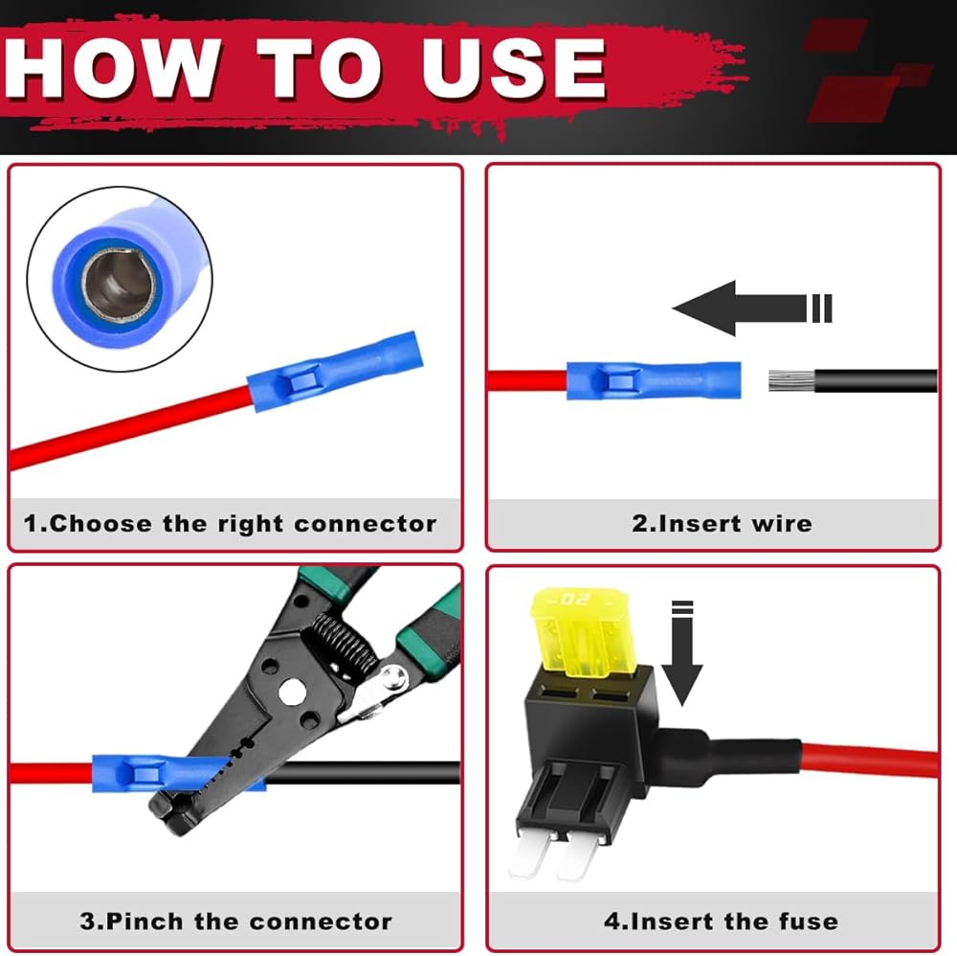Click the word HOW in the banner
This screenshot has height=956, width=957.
pos(113,67)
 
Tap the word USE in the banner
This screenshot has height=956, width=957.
pos(515,67)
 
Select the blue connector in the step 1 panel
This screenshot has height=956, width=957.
pos(335,371)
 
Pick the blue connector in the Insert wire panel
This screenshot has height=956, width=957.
pos(654,380)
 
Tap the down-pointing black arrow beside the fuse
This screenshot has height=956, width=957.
pos(682,653)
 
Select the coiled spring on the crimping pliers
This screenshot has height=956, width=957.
pos(343,648)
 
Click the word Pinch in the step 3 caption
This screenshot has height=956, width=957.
pos(145,922)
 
